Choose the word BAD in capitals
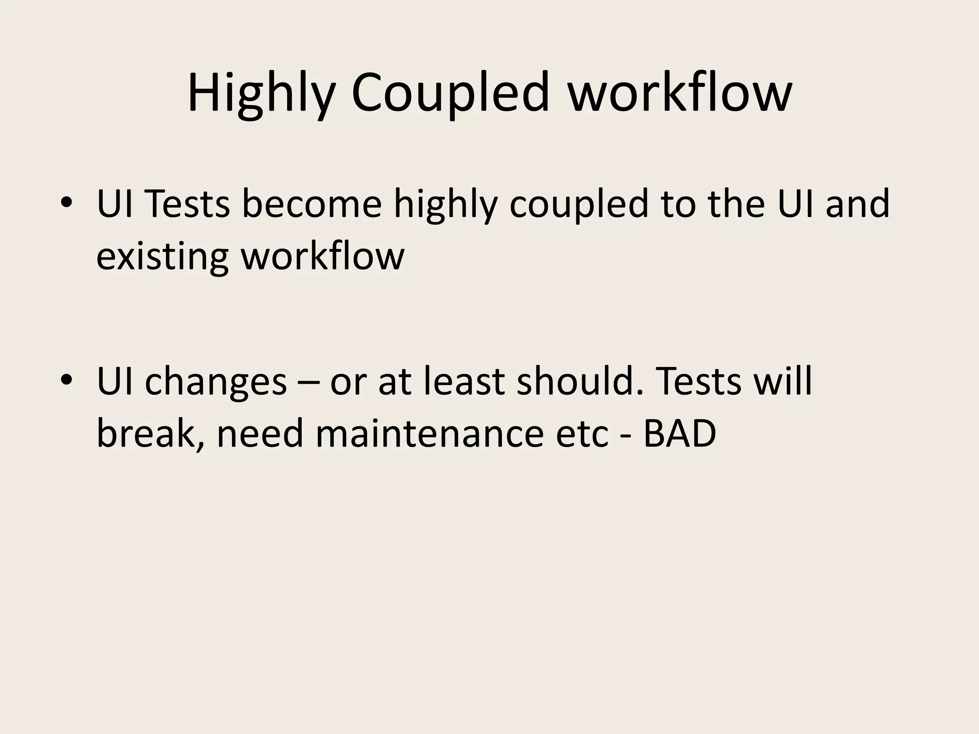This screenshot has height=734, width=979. (679, 434)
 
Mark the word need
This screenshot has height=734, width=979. (260, 434)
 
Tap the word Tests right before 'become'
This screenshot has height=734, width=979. (187, 204)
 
